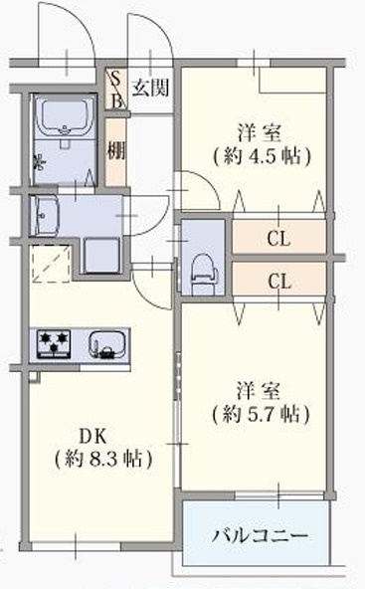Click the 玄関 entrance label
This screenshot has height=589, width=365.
click(150, 88)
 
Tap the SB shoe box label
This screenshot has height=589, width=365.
click(116, 90)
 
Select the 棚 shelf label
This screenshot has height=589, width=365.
click(116, 150)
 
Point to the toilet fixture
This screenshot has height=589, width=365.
click(203, 274)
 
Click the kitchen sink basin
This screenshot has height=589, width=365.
click(107, 344)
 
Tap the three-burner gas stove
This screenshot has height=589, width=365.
click(54, 343)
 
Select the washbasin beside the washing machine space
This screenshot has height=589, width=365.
click(45, 216)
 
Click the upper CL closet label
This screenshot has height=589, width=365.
click(278, 238)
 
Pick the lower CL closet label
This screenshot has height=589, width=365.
click(279, 281)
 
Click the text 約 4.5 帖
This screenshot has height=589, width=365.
click(262, 156)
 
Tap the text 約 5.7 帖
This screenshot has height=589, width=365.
click(261, 415)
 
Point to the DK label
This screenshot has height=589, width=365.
click(92, 437)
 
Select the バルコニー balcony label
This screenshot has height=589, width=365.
click(260, 535)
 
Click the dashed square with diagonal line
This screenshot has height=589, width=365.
click(51, 264)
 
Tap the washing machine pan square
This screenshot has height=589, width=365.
click(101, 256)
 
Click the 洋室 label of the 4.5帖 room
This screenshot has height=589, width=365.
click(260, 132)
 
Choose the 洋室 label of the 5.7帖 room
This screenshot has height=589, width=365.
click(259, 391)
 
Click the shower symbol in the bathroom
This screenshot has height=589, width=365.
click(39, 162)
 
